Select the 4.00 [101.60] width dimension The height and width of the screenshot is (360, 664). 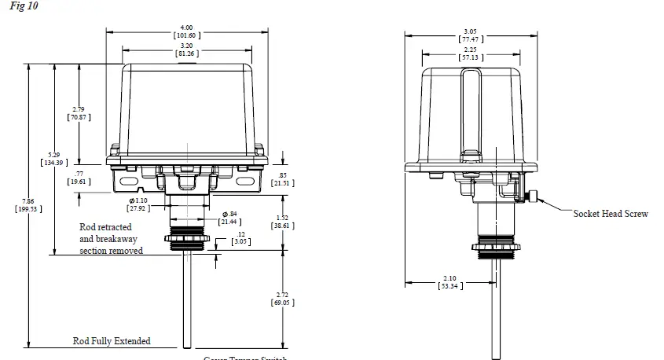185,31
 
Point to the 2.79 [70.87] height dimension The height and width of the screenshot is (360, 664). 79,112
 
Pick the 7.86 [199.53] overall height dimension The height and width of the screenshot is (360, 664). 29,205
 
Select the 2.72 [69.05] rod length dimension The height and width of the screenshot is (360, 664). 282,297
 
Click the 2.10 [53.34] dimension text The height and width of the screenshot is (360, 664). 449,282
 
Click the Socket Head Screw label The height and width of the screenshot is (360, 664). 611,214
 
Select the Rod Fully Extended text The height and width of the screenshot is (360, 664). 112,341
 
